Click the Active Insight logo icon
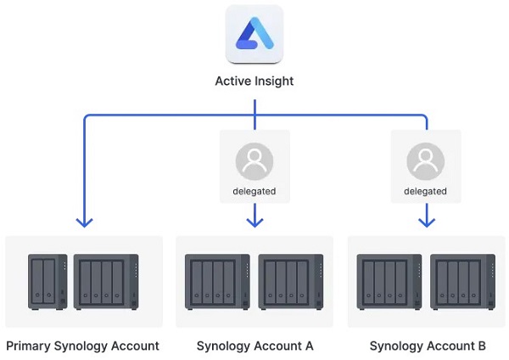click(x=255, y=34)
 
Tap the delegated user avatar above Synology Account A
click(x=255, y=160)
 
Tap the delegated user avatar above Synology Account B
click(x=425, y=160)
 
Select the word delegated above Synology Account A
click(x=255, y=191)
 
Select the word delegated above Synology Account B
click(x=425, y=191)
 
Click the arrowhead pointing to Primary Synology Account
click(x=84, y=222)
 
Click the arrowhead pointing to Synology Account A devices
click(x=255, y=222)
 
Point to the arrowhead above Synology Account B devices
click(x=426, y=222)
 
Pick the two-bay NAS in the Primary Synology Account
click(x=46, y=281)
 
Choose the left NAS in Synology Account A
click(x=217, y=281)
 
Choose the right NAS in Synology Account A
click(x=291, y=281)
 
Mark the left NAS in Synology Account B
click(x=389, y=281)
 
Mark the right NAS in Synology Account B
click(x=462, y=281)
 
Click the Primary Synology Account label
click(x=82, y=346)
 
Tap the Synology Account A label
click(x=255, y=346)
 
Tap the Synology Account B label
click(x=428, y=346)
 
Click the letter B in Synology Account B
click(x=481, y=346)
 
